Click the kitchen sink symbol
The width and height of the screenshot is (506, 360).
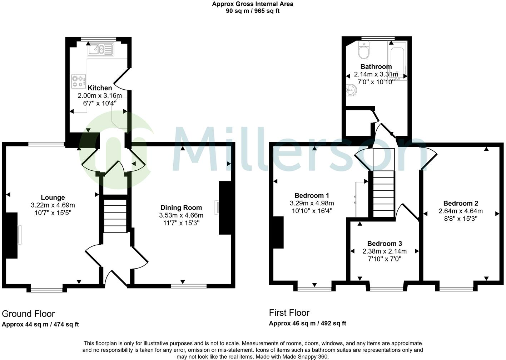100,50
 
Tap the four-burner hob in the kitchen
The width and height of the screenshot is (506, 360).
78,81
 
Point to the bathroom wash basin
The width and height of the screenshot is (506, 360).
351,90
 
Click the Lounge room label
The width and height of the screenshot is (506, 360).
53,197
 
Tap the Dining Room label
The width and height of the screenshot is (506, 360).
181,207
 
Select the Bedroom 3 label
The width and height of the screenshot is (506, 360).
385,244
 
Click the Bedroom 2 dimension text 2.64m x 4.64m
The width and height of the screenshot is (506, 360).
461,211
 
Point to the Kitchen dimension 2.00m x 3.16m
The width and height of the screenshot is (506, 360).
100,96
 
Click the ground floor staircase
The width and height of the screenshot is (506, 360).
115,216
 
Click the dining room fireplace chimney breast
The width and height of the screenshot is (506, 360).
225,208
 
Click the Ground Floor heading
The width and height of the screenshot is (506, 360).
28,314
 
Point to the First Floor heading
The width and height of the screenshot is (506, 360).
289,313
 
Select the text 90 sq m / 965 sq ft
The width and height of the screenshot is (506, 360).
253,11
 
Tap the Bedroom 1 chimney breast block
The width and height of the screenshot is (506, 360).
278,232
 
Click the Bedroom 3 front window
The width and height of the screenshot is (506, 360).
387,289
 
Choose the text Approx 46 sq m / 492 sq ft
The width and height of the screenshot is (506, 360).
307,324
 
